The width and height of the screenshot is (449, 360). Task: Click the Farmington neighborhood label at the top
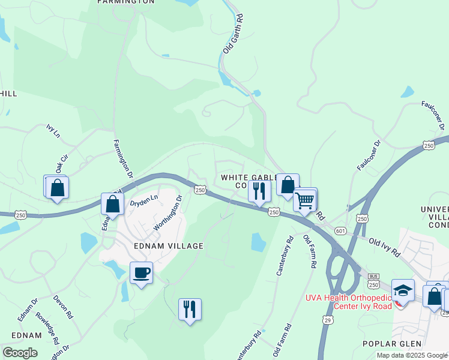126,2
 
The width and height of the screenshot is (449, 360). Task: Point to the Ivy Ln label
54,131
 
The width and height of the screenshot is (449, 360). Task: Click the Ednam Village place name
160,246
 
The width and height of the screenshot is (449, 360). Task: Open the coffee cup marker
141,273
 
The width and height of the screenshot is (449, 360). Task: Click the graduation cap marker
403,290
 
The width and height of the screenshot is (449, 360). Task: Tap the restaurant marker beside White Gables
259,191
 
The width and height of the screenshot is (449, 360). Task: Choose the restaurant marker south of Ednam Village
190,310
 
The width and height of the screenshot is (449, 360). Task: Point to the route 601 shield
341,231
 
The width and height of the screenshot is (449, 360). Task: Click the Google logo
20,353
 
